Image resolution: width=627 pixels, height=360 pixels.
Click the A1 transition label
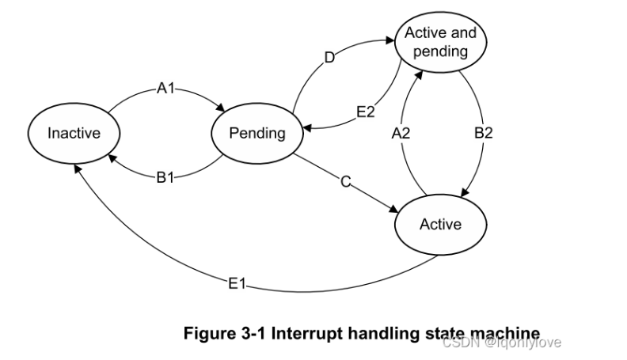[165, 88]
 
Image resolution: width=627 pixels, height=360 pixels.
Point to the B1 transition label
[165, 177]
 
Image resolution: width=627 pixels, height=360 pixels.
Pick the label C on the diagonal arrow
[346, 182]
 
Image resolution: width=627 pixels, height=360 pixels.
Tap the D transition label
[329, 58]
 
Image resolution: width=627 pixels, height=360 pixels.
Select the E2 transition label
[366, 112]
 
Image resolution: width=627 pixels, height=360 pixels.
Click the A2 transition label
[401, 133]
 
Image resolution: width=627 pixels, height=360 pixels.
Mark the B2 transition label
[483, 133]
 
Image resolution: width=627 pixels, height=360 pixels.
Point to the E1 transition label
[237, 284]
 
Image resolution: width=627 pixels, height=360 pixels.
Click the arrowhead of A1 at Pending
[221, 108]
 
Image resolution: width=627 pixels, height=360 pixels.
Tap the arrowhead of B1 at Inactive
[112, 158]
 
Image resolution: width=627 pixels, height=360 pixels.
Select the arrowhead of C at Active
[393, 209]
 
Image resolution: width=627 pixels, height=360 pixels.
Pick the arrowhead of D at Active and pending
[389, 40]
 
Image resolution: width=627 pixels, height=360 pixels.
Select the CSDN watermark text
[502, 343]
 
